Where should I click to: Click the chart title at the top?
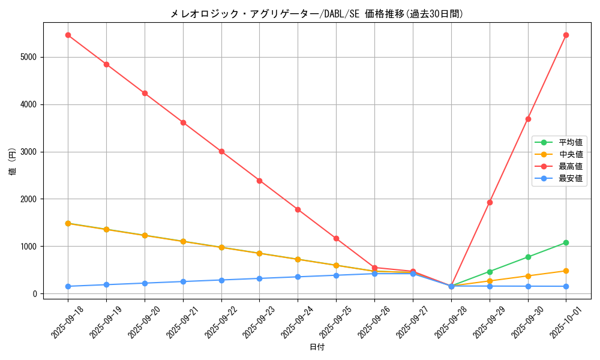pyautogui.click(x=317, y=14)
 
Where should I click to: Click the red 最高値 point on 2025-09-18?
pyautogui.click(x=68, y=35)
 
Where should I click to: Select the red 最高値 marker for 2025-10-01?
pyautogui.click(x=566, y=35)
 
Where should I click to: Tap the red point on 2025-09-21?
pyautogui.click(x=183, y=122)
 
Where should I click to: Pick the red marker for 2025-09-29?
pyautogui.click(x=490, y=202)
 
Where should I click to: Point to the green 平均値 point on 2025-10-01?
pyautogui.click(x=566, y=242)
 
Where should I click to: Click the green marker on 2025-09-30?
pyautogui.click(x=528, y=257)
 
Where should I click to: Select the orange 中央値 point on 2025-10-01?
pyautogui.click(x=566, y=271)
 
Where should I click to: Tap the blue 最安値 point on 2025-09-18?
pyautogui.click(x=68, y=286)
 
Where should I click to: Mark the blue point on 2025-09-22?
pyautogui.click(x=221, y=280)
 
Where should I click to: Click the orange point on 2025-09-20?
pyautogui.click(x=145, y=235)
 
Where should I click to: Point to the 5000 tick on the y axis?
pyautogui.click(x=28, y=57)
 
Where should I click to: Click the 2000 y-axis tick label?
pyautogui.click(x=28, y=199)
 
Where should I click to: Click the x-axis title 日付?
pyautogui.click(x=317, y=347)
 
